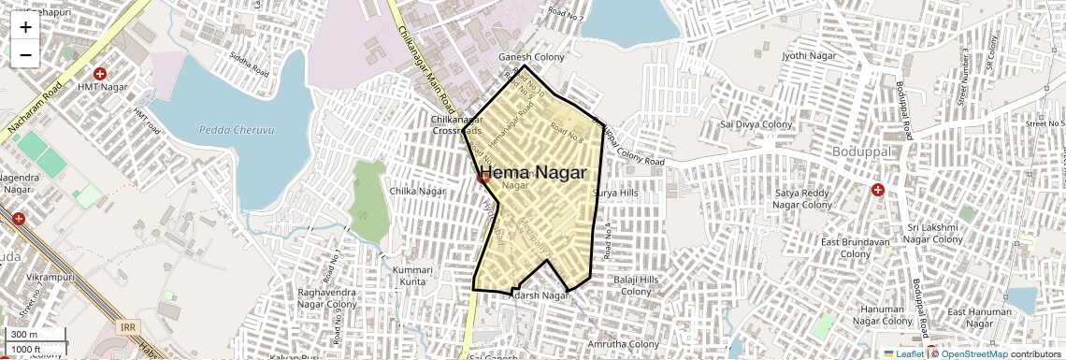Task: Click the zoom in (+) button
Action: point(25,27)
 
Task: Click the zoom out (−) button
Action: point(25,54)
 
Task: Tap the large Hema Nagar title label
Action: point(533,173)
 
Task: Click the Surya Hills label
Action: point(615,193)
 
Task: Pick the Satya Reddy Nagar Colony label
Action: point(802,199)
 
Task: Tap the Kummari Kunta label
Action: point(412,275)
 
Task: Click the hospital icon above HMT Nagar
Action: point(100,73)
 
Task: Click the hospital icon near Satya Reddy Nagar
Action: point(877,190)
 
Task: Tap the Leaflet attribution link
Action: point(903,353)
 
